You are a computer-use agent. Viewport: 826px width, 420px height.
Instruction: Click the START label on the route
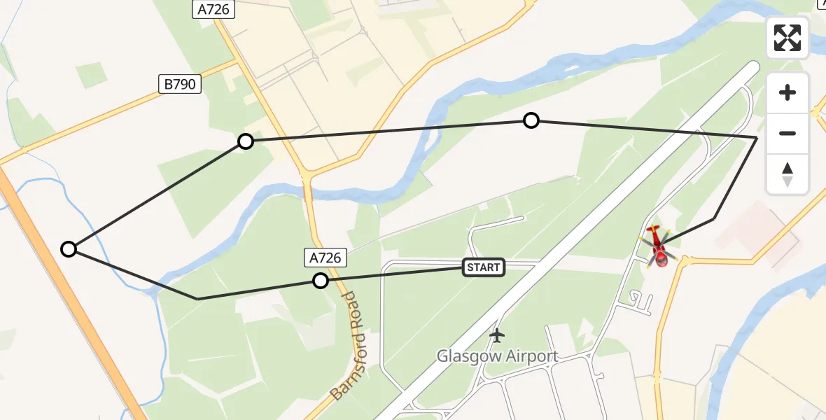(483, 267)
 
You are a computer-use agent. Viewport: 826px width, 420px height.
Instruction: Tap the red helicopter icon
(658, 246)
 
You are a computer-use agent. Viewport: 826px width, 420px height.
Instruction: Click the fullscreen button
(787, 38)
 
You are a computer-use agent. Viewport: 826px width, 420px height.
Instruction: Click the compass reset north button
(787, 174)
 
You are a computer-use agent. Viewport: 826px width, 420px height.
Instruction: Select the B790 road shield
(179, 85)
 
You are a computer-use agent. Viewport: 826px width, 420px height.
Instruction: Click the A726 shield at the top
(213, 9)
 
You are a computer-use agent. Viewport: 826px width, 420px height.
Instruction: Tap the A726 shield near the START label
(325, 258)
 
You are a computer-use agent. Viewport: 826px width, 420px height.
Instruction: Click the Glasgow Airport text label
(497, 356)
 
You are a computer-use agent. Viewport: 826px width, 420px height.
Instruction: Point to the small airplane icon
(497, 336)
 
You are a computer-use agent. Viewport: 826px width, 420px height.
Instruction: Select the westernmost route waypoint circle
(69, 248)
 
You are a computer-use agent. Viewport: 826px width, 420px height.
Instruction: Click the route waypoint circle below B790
(246, 141)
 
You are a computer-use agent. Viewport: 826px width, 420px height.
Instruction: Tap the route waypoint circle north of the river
(531, 120)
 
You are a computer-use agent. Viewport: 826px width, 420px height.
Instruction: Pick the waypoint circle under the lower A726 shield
(321, 281)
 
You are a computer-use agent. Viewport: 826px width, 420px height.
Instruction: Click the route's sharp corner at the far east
(757, 138)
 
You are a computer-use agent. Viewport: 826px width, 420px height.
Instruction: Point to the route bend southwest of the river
(198, 299)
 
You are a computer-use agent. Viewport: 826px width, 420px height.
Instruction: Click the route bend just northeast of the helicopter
(713, 219)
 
